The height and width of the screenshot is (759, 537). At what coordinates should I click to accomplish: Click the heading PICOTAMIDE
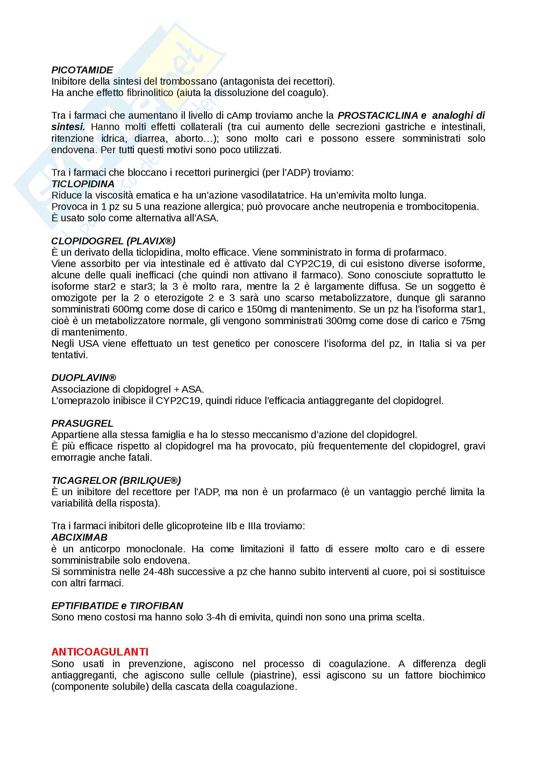(82, 70)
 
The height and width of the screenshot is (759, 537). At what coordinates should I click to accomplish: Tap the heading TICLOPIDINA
(83, 184)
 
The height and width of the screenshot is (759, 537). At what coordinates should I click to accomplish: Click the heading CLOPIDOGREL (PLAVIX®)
(113, 241)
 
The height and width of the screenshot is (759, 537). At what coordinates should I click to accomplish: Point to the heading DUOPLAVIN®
(84, 377)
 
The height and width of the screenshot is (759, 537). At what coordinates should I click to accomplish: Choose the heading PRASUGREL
(82, 423)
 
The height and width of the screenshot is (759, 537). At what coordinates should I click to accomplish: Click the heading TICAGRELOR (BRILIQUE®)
(116, 480)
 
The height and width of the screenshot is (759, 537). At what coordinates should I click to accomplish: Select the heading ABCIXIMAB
(79, 537)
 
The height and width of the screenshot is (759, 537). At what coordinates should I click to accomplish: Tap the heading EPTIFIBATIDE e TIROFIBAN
(117, 606)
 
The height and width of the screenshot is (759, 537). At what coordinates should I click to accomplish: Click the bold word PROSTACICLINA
(377, 116)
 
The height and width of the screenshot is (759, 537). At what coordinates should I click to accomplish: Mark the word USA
(89, 343)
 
